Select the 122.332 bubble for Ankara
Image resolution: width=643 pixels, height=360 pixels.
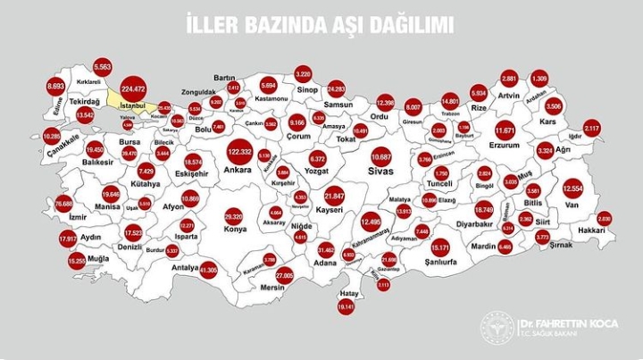pos(239,151)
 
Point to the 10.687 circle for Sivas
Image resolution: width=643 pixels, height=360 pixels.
pos(381,156)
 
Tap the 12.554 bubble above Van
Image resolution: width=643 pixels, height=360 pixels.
pos(572,188)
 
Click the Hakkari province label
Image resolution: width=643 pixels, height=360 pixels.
pos(592,230)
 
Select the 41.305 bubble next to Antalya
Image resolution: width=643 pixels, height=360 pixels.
pos(209,267)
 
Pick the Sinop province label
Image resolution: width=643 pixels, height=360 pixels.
pos(308,90)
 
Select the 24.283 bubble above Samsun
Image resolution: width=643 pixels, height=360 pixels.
pos(336,88)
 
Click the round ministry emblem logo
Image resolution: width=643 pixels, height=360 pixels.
pos(497,328)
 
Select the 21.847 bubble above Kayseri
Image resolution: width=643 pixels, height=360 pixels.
pos(334,195)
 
